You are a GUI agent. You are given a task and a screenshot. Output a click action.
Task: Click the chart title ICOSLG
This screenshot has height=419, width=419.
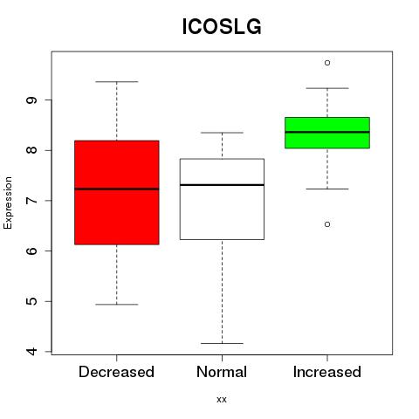222,26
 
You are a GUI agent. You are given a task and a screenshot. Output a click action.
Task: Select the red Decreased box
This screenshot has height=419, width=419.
117,193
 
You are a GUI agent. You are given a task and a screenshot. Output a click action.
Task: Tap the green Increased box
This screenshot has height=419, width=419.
327,133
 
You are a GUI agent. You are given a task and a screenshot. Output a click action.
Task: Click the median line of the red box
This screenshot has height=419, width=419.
117,189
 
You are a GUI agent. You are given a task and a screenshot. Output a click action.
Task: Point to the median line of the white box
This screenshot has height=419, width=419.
222,185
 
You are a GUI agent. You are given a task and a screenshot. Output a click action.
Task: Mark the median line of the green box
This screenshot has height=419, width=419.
327,132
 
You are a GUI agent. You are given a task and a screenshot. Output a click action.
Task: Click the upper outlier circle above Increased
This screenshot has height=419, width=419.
327,63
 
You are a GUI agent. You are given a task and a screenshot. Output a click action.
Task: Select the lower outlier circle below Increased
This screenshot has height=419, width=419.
327,224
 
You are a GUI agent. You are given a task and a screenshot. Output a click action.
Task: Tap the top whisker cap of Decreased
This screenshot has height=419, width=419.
117,82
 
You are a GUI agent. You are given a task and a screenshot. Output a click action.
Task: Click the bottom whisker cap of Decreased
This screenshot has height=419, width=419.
117,305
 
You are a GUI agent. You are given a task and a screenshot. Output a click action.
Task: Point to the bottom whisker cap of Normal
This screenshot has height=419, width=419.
222,343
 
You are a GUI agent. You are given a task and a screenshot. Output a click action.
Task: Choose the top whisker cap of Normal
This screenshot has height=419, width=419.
222,133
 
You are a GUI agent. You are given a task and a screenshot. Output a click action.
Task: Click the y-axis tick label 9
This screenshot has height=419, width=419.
31,100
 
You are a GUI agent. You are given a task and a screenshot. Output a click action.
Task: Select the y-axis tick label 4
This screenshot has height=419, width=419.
31,352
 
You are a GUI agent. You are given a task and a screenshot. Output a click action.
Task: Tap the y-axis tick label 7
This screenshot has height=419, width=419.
31,201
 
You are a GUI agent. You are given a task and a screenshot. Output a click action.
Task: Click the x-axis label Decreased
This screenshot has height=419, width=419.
116,372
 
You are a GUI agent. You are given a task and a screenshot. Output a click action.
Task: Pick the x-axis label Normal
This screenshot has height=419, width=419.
222,372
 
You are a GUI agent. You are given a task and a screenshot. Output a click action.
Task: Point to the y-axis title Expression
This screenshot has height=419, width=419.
8,203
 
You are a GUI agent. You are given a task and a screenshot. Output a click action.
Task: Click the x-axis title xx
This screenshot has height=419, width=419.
222,400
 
